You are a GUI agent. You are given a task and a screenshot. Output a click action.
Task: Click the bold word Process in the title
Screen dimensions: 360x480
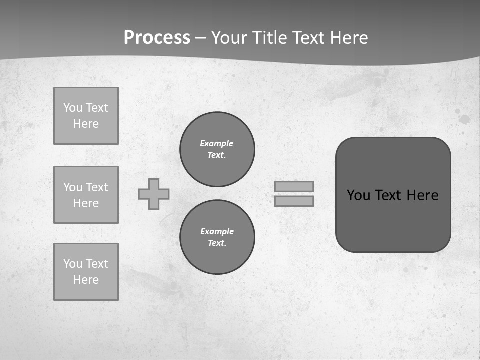pos(157,38)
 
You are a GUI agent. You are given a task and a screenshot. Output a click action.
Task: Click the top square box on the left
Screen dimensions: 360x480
pos(86,116)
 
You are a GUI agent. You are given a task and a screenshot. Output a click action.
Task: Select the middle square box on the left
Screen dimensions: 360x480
pos(86,195)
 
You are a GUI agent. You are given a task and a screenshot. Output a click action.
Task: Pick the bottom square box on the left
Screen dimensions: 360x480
pos(86,272)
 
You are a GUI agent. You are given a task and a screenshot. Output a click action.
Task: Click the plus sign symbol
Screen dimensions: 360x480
pos(154,194)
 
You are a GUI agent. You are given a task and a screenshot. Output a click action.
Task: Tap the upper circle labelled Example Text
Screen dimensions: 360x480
pos(217,149)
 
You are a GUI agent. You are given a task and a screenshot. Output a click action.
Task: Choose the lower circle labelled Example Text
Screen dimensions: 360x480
pos(217,237)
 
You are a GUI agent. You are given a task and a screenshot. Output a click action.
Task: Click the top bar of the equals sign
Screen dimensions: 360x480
pos(294,186)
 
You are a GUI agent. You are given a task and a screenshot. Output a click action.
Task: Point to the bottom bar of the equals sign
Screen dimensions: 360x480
pos(294,201)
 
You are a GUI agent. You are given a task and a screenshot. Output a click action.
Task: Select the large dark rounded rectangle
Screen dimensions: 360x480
pos(393,220)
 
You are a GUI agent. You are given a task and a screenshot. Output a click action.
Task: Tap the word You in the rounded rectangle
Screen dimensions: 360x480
pos(358,195)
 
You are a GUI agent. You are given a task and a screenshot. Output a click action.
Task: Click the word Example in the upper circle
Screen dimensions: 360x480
pos(217,143)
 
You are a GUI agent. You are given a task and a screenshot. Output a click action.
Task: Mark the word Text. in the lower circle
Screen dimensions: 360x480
pos(217,243)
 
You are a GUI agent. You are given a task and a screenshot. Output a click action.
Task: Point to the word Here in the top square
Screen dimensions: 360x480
pos(86,124)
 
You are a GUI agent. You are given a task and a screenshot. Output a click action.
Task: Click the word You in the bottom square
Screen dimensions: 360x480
pos(73,264)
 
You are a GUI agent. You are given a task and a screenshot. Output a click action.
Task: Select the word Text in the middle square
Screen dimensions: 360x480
pos(96,187)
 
